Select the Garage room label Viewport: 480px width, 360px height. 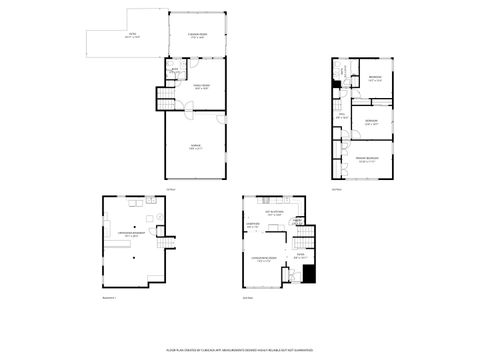pyautogui.click(x=195, y=148)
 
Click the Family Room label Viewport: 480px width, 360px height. pyautogui.click(x=201, y=88)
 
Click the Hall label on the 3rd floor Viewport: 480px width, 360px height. pyautogui.click(x=341, y=116)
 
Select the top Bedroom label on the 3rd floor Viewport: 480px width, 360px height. pyautogui.click(x=374, y=79)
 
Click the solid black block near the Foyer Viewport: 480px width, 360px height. pyautogui.click(x=309, y=274)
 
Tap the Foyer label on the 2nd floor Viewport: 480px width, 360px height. pyautogui.click(x=300, y=256)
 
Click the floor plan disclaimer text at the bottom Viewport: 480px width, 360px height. pyautogui.click(x=240, y=351)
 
